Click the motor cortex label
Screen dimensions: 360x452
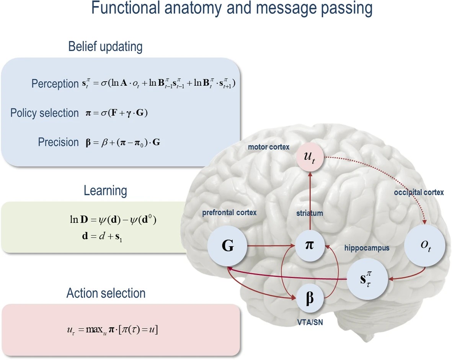tap(269, 147)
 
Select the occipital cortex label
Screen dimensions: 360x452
tap(419, 193)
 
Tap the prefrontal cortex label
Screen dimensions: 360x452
tap(229, 213)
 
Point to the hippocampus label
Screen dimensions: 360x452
tap(366, 248)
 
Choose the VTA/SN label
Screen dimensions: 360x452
tap(309, 322)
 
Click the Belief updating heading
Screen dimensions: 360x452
tap(105, 47)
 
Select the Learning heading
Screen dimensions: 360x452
tap(105, 190)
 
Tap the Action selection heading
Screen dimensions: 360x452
tap(106, 293)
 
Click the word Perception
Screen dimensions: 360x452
tap(55, 83)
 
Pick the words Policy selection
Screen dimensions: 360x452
tap(44, 113)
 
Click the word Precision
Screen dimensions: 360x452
tap(58, 142)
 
